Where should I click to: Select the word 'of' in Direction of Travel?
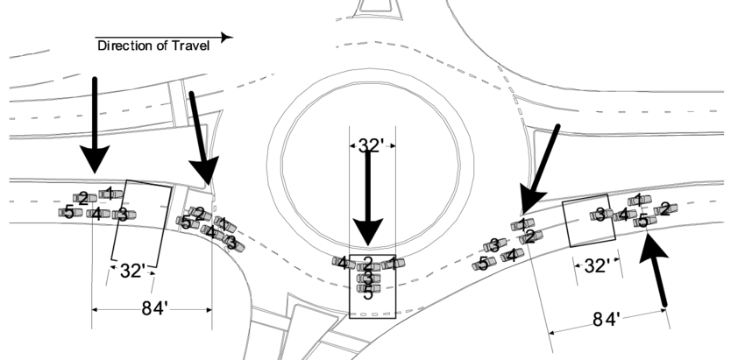(158, 46)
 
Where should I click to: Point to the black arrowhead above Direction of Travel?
(227, 38)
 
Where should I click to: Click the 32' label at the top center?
(371, 145)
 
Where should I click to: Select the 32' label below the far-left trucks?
(132, 271)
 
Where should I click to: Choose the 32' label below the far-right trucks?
(597, 266)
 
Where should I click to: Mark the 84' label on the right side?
(607, 320)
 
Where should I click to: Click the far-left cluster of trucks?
(97, 206)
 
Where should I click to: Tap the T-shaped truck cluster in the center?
(369, 272)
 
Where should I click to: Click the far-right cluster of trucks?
(633, 211)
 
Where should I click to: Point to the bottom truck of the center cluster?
(369, 288)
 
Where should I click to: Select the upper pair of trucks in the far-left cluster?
(98, 195)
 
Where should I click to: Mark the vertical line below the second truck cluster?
(212, 289)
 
